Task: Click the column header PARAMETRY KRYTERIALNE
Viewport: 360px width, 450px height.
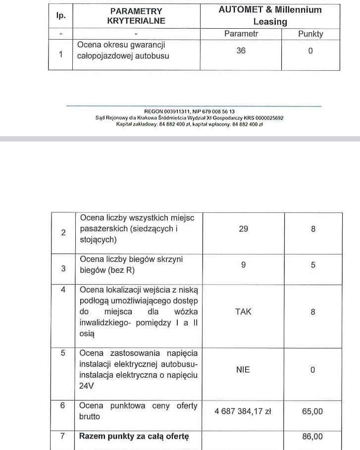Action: click(x=136, y=16)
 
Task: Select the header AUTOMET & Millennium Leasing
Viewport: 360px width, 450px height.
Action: click(x=270, y=16)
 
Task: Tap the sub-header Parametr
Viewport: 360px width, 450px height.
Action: click(x=241, y=34)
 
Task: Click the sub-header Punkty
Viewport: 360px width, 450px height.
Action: click(x=310, y=34)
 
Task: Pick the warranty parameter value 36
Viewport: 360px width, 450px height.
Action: click(x=241, y=50)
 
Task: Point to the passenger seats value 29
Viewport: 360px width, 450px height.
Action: click(x=243, y=229)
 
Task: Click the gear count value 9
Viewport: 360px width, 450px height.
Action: click(x=243, y=265)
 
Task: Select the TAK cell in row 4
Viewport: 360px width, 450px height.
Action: click(x=243, y=312)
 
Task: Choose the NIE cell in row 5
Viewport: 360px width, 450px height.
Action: click(x=243, y=370)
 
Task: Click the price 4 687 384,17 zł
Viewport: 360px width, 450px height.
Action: click(x=243, y=411)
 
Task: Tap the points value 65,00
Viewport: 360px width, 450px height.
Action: click(x=313, y=411)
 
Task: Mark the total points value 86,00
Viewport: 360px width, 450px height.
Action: click(x=313, y=437)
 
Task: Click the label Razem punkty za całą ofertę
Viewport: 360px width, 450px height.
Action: click(x=134, y=437)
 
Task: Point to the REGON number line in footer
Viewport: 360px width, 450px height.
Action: click(x=189, y=112)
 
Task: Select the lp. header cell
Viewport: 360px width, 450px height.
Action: click(x=60, y=15)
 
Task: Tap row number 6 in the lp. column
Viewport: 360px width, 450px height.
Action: click(x=63, y=405)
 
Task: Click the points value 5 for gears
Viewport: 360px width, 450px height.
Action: click(x=313, y=265)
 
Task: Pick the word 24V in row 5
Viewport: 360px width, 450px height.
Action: click(x=87, y=386)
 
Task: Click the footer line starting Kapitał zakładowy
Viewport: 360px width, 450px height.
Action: click(x=189, y=124)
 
